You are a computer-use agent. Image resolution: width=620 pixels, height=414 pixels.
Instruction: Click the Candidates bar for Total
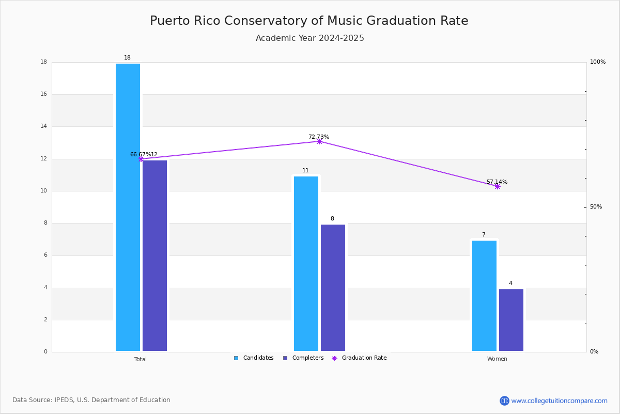(128, 207)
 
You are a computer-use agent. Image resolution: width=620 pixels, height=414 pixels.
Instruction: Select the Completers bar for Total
(154, 256)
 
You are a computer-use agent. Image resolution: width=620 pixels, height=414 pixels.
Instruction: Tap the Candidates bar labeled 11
(306, 264)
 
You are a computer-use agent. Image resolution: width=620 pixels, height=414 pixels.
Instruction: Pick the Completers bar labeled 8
(333, 288)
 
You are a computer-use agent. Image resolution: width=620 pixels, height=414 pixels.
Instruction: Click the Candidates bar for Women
(484, 295)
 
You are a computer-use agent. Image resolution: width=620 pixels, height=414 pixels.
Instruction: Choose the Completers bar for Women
(511, 320)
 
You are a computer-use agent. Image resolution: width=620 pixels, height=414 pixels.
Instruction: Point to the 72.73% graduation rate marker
(319, 142)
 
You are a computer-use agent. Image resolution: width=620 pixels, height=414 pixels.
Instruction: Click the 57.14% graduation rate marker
(498, 187)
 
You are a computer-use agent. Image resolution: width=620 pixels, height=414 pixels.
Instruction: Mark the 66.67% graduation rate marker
(141, 159)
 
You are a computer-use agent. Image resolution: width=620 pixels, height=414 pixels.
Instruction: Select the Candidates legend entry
(254, 358)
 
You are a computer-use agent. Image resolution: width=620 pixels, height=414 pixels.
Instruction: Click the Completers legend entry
(303, 358)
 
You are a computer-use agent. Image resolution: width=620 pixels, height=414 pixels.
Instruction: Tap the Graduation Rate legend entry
(359, 358)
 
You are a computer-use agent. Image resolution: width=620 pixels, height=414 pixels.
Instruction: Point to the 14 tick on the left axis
(44, 126)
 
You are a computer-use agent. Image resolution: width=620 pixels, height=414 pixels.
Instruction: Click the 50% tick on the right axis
(596, 207)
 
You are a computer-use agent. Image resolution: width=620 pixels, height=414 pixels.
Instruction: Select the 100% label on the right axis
(598, 62)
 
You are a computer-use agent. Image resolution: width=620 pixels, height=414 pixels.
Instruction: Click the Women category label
(497, 359)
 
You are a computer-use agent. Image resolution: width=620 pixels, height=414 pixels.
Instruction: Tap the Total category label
(141, 359)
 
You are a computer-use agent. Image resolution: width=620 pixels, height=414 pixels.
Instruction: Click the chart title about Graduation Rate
(309, 21)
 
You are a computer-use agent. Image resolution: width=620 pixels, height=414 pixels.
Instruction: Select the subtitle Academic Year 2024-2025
(309, 38)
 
